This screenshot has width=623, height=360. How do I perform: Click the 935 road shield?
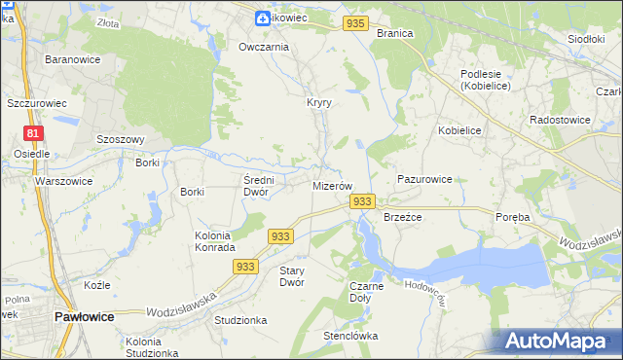(355, 23)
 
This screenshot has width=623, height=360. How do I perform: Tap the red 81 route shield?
(33, 133)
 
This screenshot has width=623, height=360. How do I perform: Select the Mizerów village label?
(332, 185)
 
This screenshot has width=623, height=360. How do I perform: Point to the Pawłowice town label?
(85, 317)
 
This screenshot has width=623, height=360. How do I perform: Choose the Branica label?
(394, 33)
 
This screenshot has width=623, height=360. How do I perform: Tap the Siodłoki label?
(586, 39)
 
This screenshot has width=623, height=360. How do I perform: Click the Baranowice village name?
(68, 59)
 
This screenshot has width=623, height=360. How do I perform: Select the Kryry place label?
(320, 102)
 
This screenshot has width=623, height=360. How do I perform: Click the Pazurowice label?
(424, 180)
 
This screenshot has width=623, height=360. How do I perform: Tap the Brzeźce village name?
(402, 218)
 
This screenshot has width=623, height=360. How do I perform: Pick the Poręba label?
(511, 217)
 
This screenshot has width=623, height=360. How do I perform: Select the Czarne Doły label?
(366, 293)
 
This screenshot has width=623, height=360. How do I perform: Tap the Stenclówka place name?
(350, 337)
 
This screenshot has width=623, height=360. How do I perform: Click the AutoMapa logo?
(557, 341)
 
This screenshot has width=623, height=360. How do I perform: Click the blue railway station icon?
(263, 18)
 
